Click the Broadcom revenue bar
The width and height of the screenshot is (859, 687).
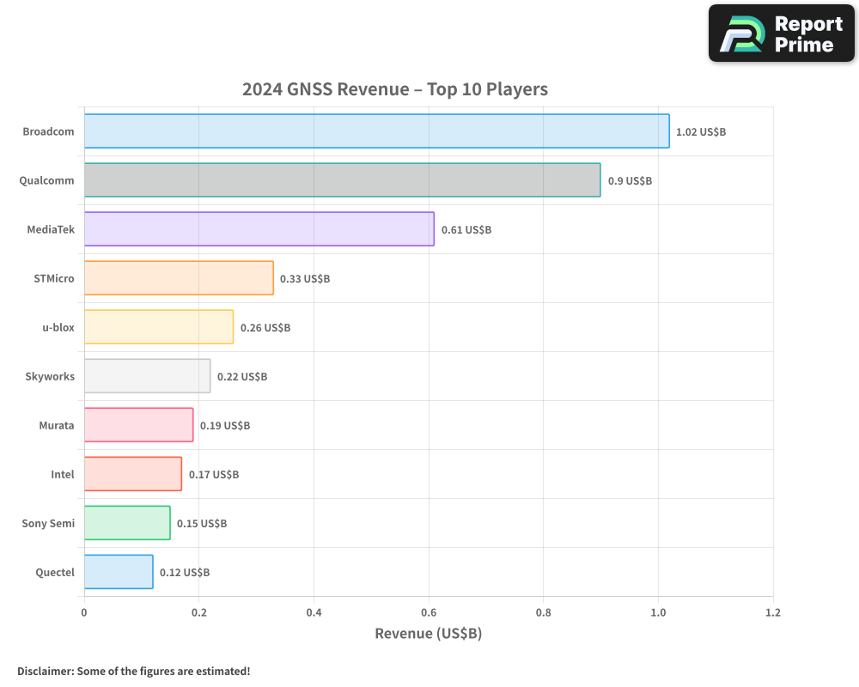tap(376, 131)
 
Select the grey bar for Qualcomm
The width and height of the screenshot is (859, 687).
tap(342, 180)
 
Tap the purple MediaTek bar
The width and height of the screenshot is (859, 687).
tap(259, 229)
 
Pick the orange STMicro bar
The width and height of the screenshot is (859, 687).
tap(179, 278)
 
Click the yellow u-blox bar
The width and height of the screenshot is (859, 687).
tap(158, 327)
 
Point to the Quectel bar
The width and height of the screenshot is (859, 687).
tap(119, 572)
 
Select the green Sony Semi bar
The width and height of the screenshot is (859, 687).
tap(127, 523)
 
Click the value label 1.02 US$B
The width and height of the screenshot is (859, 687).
tap(701, 132)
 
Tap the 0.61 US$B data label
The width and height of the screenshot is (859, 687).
tap(466, 230)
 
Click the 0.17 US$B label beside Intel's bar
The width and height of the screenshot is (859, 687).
tap(214, 475)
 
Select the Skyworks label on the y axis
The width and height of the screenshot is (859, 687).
tap(50, 376)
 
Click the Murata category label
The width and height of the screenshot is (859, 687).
tap(57, 425)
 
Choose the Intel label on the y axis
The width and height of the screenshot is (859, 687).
tap(63, 474)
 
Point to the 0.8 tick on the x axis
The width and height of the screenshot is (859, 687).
tap(543, 613)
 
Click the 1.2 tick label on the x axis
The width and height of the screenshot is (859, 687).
tap(772, 613)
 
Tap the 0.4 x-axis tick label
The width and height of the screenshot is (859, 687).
tap(314, 613)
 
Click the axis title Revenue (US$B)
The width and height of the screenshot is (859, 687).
tap(428, 634)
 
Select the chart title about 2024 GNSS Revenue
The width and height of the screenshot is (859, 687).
tap(394, 89)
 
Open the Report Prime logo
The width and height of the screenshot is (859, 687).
tap(781, 33)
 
